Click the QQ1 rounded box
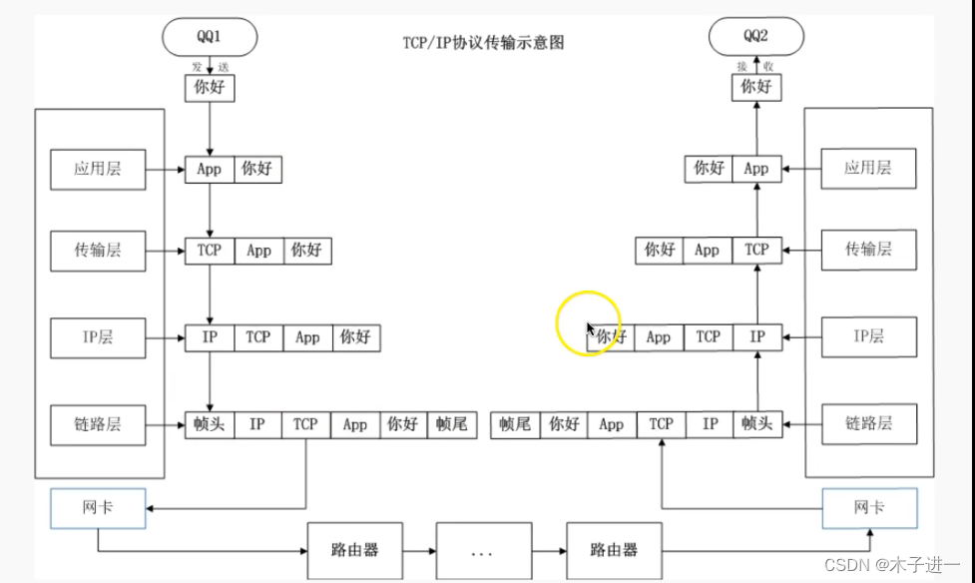click(209, 38)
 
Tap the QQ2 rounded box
click(755, 38)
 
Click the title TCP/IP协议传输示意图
click(484, 43)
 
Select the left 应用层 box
click(98, 169)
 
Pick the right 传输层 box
click(868, 250)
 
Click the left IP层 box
click(98, 337)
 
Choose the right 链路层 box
click(868, 423)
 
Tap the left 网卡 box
click(97, 509)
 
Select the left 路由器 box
click(355, 550)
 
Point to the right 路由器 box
click(614, 550)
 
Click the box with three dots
click(484, 550)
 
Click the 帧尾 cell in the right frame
click(516, 424)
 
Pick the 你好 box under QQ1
click(209, 87)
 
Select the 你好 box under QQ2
click(755, 87)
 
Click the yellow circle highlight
click(589, 324)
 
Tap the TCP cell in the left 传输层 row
click(210, 251)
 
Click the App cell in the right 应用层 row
click(756, 169)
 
